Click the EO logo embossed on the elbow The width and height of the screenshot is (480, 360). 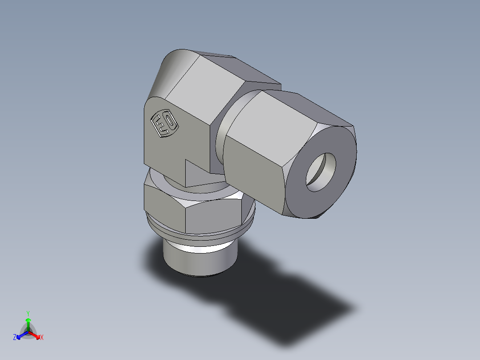(x=164, y=123)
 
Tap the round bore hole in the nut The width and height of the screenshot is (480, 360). (x=321, y=172)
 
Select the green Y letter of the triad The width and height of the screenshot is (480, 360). (x=28, y=313)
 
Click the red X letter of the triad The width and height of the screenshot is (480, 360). (x=42, y=338)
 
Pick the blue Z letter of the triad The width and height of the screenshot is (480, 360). (x=15, y=338)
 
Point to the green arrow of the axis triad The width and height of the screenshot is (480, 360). (x=28, y=323)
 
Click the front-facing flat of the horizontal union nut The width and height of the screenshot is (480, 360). (x=254, y=174)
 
